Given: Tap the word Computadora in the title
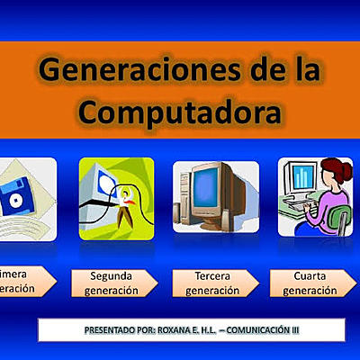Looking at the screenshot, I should pyautogui.click(x=179, y=112).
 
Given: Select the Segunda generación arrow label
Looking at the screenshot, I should pyautogui.click(x=113, y=283).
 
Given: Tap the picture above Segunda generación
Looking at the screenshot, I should pyautogui.click(x=116, y=196).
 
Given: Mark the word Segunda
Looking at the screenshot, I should pyautogui.click(x=112, y=275).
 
